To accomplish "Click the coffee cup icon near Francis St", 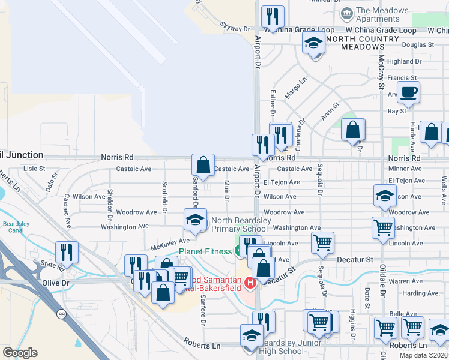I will tap(409, 92).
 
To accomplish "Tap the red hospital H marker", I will tap(249, 281).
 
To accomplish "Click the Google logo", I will tap(20, 352).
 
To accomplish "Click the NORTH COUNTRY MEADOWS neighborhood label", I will tap(363, 43).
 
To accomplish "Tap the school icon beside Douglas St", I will tap(313, 44).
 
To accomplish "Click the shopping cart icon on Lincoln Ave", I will tap(322, 242).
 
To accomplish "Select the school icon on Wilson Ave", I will tap(385, 195).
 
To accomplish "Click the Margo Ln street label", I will tap(295, 88).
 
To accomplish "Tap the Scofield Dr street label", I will tap(164, 197).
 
